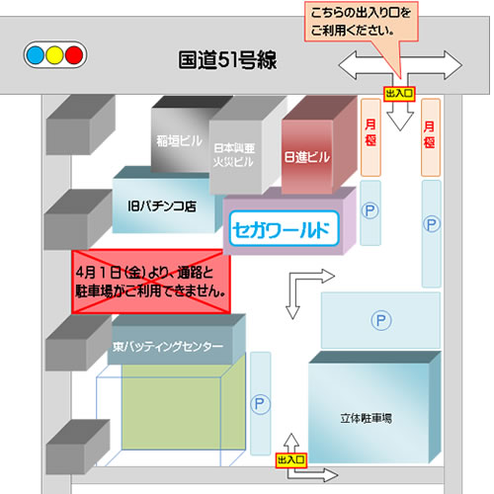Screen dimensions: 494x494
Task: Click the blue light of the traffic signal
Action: [x=36, y=55]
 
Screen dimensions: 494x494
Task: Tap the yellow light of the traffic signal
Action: [x=54, y=55]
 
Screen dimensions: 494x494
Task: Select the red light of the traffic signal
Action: [x=74, y=55]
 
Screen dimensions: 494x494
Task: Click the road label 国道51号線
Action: [x=227, y=60]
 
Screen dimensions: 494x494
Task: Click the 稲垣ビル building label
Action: [x=179, y=141]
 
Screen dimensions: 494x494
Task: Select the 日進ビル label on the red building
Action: [x=307, y=157]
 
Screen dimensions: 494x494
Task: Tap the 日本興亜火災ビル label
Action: [x=234, y=155]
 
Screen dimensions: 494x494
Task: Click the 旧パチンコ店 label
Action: [x=162, y=206]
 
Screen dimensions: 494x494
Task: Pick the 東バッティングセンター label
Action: [x=168, y=347]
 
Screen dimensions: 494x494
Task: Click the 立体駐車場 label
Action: [x=367, y=418]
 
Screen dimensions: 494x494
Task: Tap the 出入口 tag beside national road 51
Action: [x=399, y=94]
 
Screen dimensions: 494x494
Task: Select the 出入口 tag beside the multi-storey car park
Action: [x=291, y=459]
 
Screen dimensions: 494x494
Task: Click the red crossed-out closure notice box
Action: [x=151, y=282]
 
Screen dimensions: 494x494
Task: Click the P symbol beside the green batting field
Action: [x=260, y=404]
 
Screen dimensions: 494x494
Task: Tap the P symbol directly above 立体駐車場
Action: [x=381, y=320]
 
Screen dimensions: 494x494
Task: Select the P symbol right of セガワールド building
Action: [x=370, y=210]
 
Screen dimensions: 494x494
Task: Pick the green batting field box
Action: [x=184, y=402]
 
